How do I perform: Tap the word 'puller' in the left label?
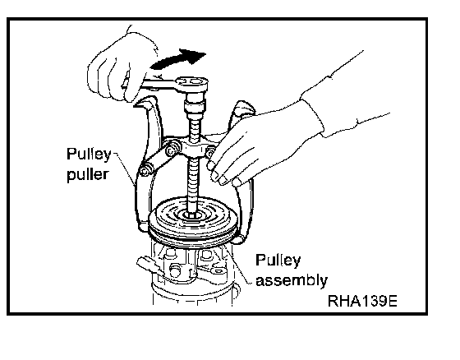coord(87,175)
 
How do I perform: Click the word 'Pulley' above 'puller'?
coord(89,155)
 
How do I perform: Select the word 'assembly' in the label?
coord(292,281)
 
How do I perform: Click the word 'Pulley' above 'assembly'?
coord(278,261)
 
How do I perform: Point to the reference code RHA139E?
coord(362,301)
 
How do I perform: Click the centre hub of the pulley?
coord(191,215)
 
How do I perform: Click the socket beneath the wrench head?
coord(194,105)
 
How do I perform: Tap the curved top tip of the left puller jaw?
coord(140,104)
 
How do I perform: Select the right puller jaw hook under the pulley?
coord(239,239)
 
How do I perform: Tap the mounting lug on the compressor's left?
coord(148,265)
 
